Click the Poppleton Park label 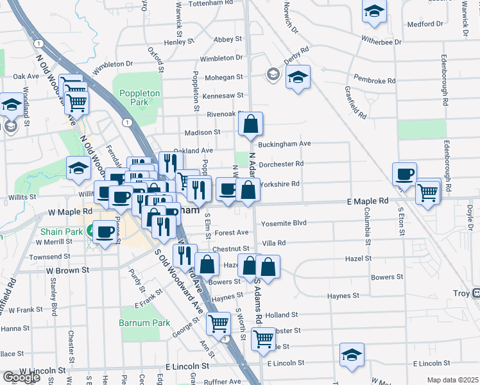pos(139,97)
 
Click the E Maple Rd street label pos(368,201)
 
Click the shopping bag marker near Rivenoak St pos(252,123)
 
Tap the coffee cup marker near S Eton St pos(405,174)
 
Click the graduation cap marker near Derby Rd pos(298,77)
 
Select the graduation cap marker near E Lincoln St pos(352,355)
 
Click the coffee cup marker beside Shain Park pos(105,231)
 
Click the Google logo pos(22,377)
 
